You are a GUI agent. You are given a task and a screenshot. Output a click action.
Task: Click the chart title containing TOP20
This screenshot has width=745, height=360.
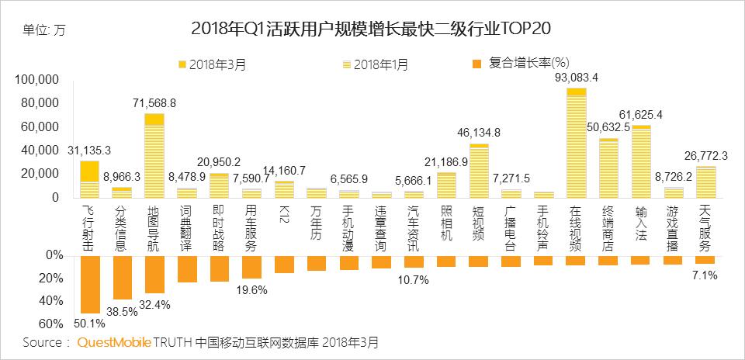coord(375,29)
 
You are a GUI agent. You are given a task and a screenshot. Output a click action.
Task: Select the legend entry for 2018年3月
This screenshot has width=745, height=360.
coord(213,64)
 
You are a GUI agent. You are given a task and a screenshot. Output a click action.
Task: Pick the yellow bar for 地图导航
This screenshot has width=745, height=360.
coord(154,156)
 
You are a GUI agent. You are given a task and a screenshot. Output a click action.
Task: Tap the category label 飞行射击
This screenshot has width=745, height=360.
coord(90,225)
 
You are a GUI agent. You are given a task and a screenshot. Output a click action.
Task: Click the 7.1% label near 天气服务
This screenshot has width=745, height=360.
coord(705,275)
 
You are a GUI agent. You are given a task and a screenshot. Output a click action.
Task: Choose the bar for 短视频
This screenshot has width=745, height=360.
coord(479,171)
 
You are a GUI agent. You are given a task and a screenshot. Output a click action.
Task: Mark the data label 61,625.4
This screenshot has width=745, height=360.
coord(640,115)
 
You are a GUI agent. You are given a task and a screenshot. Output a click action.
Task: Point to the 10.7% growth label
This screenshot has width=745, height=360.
coord(414,279)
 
